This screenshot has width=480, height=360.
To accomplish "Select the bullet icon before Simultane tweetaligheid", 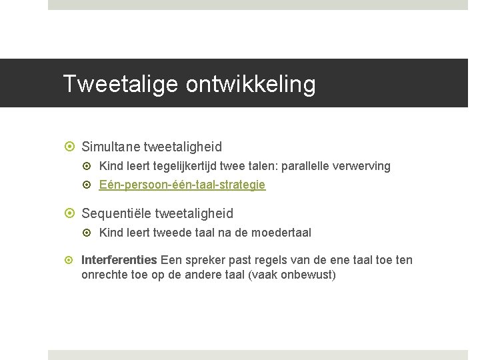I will (x=71, y=146).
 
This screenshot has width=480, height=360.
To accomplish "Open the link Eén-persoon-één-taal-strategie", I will (x=182, y=185).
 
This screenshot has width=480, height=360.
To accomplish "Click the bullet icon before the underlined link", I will (x=90, y=185).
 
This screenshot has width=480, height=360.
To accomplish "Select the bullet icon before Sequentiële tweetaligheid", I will (x=71, y=213).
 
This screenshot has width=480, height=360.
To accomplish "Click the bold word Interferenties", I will (x=119, y=260).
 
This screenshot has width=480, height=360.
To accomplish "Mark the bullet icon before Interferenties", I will (x=71, y=260).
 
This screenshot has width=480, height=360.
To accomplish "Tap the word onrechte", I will (x=103, y=274).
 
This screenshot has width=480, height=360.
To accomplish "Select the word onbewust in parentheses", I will (x=309, y=274).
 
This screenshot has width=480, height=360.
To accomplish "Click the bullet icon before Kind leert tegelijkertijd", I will (x=90, y=166).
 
